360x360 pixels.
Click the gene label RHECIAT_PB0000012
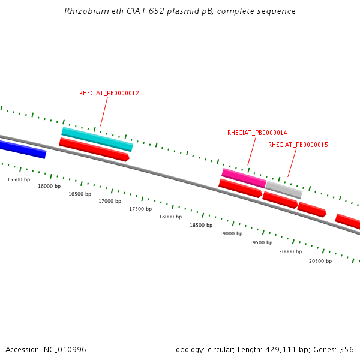pos(109,94)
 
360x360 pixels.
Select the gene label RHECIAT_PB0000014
pos(257,133)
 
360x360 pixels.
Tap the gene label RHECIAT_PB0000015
pos(298,145)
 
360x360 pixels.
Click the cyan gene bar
pos(97,139)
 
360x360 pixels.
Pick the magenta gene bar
pos(244,178)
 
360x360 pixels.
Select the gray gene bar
pos(284,190)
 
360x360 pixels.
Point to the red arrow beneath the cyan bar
pos(94,149)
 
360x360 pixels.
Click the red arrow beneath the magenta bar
pos(240,188)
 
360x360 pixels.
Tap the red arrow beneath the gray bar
pos(280,200)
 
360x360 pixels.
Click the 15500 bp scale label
pos(19,180)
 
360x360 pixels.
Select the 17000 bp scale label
pos(110,202)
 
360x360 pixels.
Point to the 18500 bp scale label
pos(201,226)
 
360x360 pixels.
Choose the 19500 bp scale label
pos(261,243)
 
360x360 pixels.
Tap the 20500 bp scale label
pos(320,262)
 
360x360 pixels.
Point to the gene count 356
pos(346,350)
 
